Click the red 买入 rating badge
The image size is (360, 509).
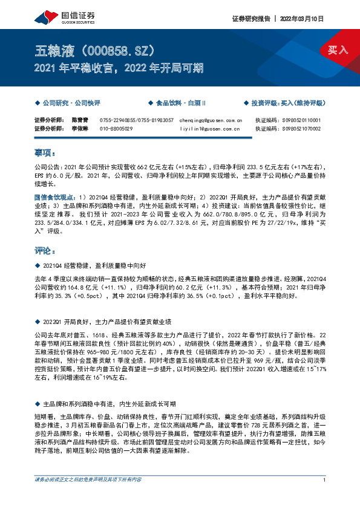click(x=338, y=50)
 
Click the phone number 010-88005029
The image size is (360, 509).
click(x=116, y=129)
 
